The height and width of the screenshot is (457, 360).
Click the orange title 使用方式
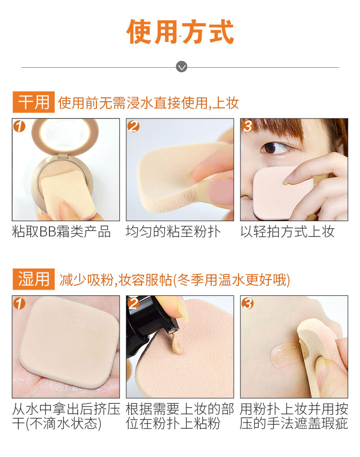point(180,32)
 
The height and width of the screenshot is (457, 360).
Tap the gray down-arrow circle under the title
point(181,67)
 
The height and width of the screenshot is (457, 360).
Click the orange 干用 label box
point(34,102)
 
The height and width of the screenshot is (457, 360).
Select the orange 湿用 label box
point(34,279)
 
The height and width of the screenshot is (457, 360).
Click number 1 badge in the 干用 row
point(19,126)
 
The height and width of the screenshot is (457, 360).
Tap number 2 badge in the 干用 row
point(133,126)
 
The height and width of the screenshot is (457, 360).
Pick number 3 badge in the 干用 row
point(247,126)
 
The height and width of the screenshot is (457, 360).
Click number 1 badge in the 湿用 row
point(19,304)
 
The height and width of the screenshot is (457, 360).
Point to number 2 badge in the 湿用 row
point(133,304)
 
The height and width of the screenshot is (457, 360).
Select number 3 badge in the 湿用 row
point(247,304)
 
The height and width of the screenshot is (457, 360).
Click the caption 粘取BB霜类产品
point(61,232)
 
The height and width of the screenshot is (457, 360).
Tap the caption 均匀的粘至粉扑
point(173,232)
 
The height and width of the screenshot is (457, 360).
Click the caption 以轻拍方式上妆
point(288,232)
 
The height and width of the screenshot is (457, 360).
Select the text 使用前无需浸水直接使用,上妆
point(148,103)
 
